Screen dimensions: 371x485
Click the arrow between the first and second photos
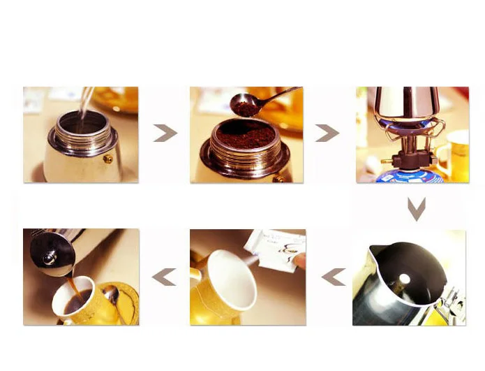point(165,133)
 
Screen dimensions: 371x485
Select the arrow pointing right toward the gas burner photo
point(327,133)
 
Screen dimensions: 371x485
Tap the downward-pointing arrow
point(417,208)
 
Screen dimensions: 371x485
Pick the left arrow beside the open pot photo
point(334,277)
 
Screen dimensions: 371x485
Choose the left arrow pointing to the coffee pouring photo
point(164,277)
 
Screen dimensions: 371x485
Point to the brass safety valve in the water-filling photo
point(108,159)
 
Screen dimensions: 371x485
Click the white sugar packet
point(275,245)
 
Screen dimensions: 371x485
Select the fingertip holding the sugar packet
point(299,260)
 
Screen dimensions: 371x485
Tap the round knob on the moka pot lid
point(48,258)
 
